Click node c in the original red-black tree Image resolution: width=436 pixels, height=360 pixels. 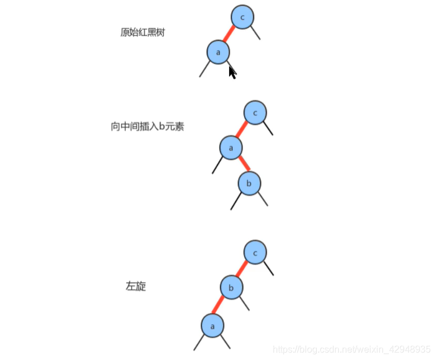point(242,17)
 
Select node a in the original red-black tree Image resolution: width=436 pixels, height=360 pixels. point(218,52)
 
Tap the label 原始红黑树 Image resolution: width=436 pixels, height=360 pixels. point(143,33)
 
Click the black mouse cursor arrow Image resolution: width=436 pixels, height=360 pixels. point(232,72)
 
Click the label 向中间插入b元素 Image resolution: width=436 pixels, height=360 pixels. point(147,126)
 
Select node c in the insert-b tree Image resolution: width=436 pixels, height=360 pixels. point(255,112)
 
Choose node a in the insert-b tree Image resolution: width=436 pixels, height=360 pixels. point(231,148)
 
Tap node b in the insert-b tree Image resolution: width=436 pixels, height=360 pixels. point(249,183)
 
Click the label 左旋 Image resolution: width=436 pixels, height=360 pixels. point(136,286)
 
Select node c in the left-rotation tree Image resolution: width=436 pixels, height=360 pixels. point(255,252)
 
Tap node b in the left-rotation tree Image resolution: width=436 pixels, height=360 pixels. point(231,287)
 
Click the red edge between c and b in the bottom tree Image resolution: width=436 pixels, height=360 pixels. point(244,270)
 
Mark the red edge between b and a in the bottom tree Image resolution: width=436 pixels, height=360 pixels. point(221,306)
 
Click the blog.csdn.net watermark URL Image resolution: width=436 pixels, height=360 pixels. point(351,349)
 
